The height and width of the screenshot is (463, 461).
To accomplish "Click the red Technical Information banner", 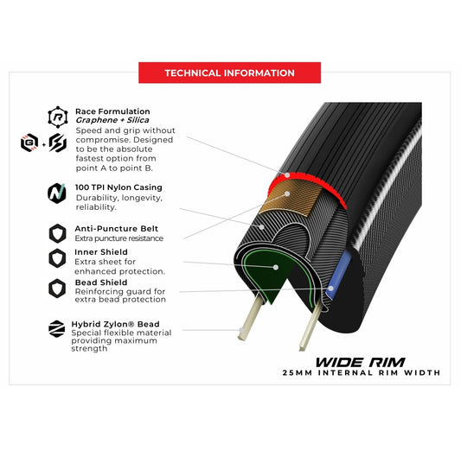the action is tap(229, 73).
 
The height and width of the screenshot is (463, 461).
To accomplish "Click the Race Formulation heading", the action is tap(112, 111).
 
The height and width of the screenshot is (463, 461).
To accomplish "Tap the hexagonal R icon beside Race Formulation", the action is tap(58, 117).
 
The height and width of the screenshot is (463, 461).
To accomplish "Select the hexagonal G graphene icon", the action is tap(29, 143).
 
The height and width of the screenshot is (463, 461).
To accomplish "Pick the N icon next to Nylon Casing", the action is tap(57, 193).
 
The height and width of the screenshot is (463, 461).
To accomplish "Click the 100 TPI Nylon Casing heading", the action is tap(118, 187).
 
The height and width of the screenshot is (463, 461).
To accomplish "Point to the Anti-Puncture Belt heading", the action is tap(117, 229).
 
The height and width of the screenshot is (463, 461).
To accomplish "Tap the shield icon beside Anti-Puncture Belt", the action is tap(57, 233).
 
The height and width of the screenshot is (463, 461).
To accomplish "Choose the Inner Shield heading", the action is tap(101, 252).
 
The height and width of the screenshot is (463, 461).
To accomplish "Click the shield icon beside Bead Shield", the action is tap(57, 289).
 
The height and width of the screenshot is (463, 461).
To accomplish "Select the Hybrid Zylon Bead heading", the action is tap(115, 324).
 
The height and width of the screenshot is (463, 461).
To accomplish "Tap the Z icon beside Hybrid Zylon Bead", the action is tap(56, 328).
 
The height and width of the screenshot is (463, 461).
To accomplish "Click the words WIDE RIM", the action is tap(360, 362).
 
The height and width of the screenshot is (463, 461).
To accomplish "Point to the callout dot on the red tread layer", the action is tap(287, 175).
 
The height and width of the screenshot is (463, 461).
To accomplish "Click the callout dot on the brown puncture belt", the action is tap(287, 193).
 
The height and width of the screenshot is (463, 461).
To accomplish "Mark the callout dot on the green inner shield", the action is tap(276, 267).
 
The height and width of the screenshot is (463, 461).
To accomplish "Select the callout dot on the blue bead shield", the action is tap(331, 289).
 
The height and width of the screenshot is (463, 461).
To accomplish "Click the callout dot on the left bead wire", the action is tap(241, 330).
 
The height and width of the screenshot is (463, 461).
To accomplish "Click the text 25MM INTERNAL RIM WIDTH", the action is tap(362, 372).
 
